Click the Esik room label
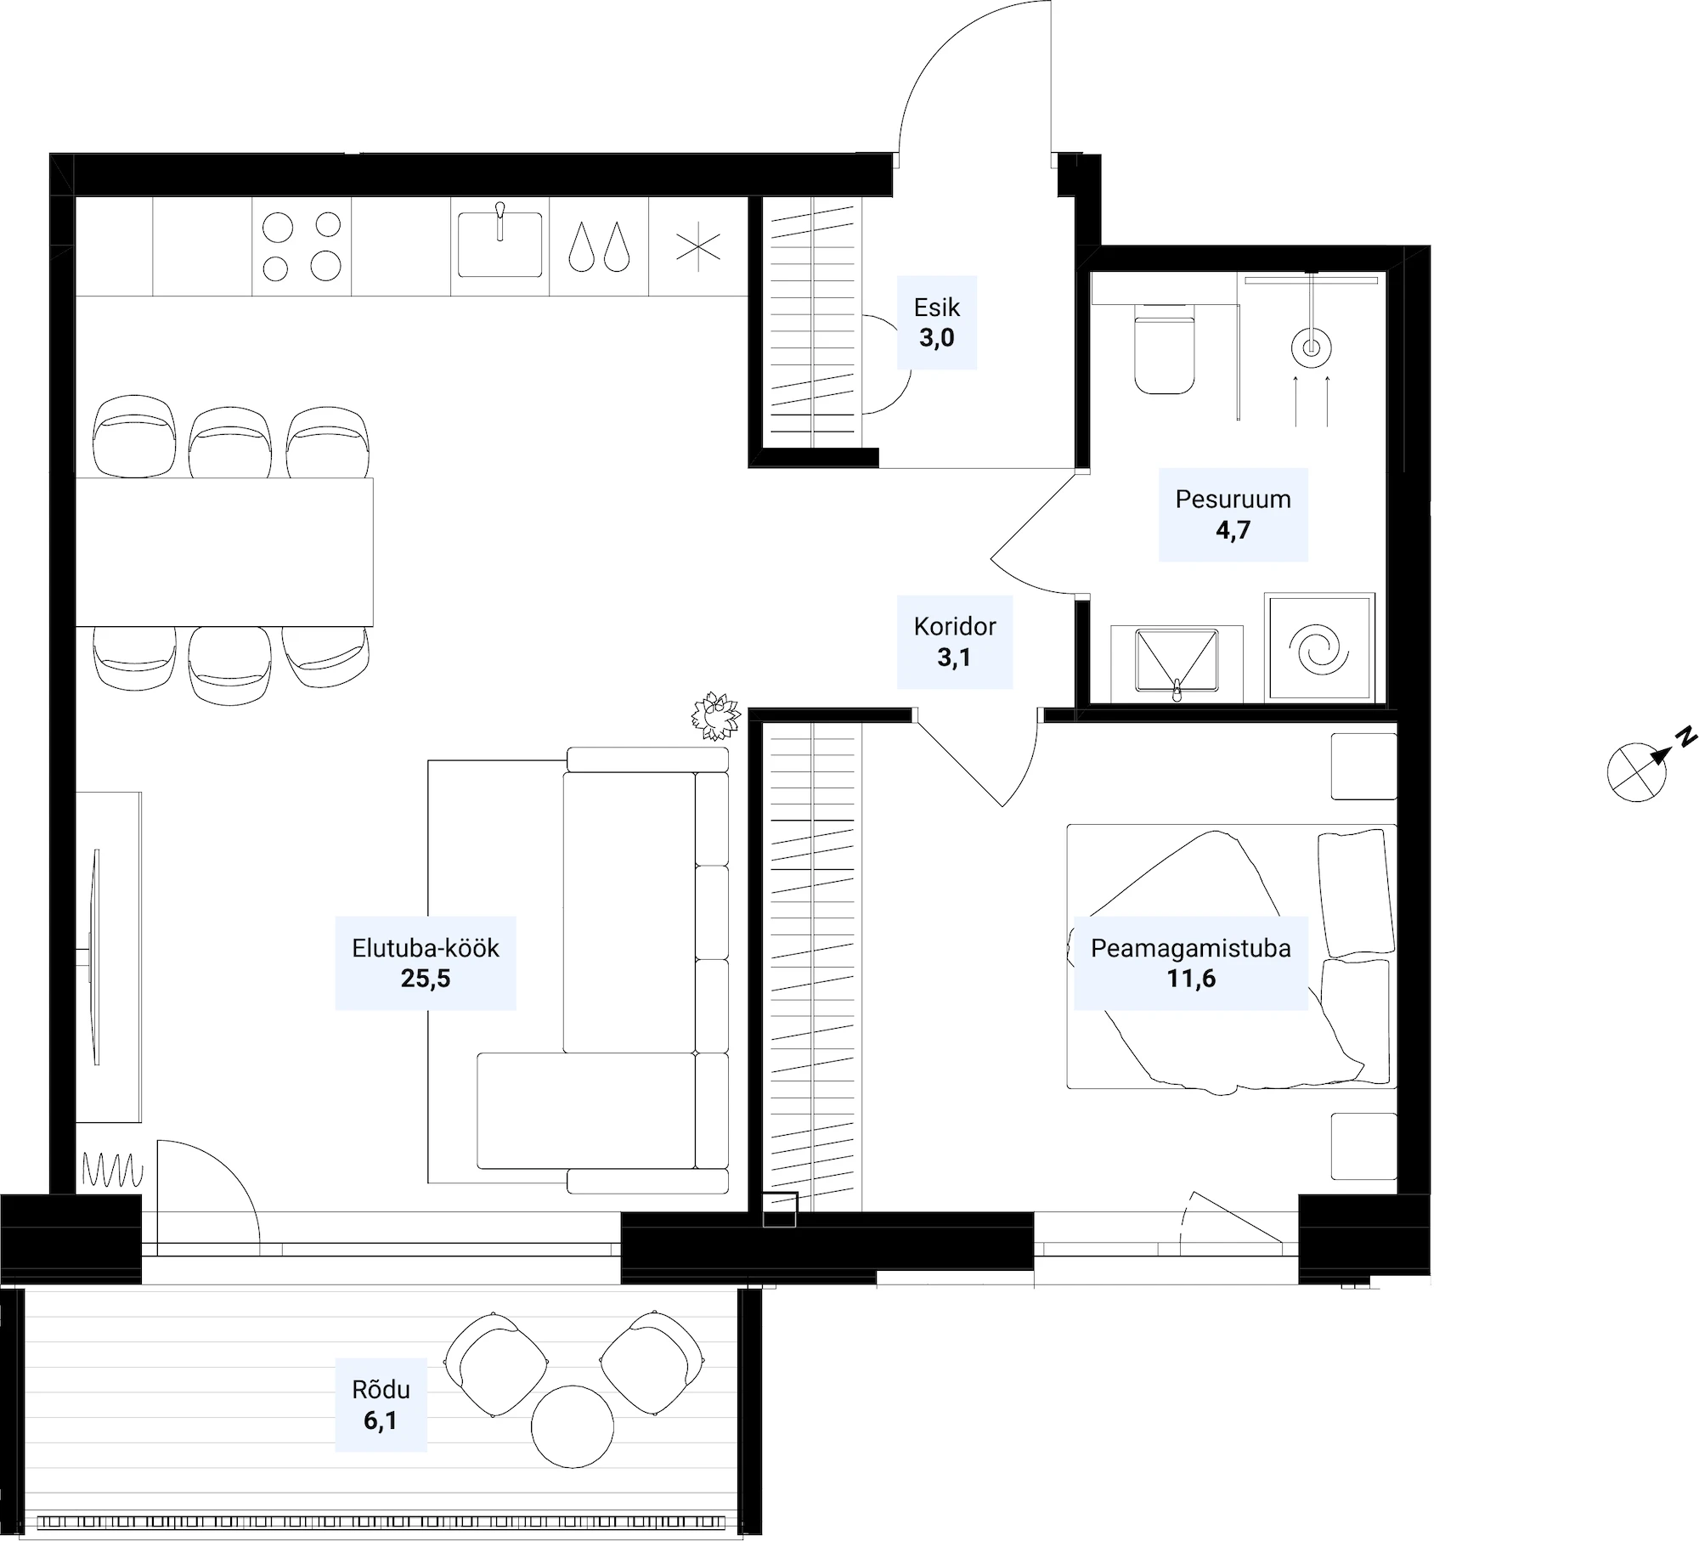click(x=937, y=323)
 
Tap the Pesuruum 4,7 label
click(x=1233, y=514)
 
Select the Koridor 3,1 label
click(x=955, y=641)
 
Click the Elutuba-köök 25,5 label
click(x=426, y=962)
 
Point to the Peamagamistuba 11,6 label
click(x=1191, y=962)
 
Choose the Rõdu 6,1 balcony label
click(x=381, y=1404)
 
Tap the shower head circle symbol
click(x=1311, y=347)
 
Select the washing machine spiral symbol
click(x=1318, y=648)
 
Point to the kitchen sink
click(x=500, y=245)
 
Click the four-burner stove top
click(x=302, y=246)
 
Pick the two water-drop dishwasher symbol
click(x=599, y=247)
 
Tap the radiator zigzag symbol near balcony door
click(x=113, y=1170)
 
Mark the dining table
click(x=224, y=552)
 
